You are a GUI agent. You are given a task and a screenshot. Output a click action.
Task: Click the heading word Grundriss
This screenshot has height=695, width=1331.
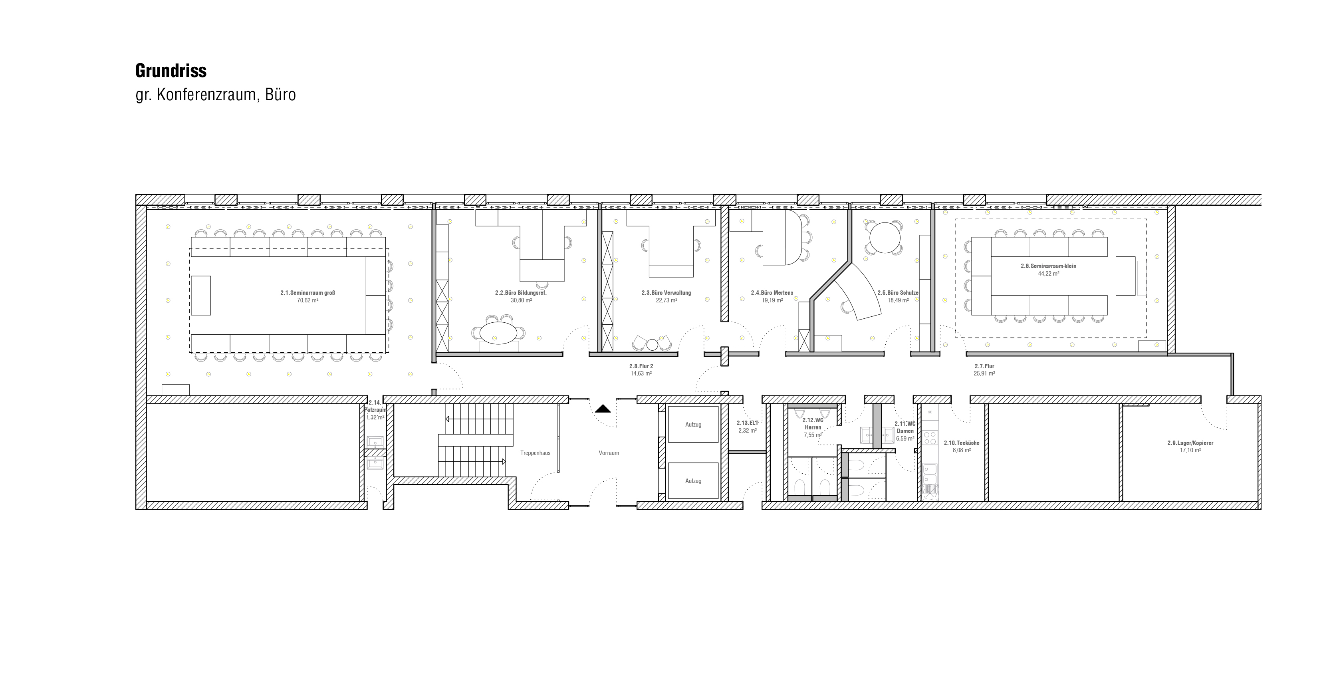pyautogui.click(x=171, y=71)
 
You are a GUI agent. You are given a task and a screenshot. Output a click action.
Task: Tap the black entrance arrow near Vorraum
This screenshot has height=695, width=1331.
pyautogui.click(x=603, y=409)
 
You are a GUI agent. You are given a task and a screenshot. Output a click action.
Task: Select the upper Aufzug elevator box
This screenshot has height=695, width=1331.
pyautogui.click(x=693, y=424)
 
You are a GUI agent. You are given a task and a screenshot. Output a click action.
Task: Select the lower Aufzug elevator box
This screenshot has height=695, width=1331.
pyautogui.click(x=693, y=481)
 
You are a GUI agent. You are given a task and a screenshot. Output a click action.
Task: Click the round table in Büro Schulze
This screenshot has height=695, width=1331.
pyautogui.click(x=885, y=238)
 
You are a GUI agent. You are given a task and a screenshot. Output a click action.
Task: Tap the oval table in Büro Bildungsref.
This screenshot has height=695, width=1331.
pyautogui.click(x=498, y=333)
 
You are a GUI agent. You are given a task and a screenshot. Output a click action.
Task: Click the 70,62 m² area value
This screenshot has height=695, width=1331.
pyautogui.click(x=307, y=300)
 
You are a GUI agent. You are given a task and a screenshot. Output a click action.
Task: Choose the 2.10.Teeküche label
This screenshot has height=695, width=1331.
pyautogui.click(x=962, y=443)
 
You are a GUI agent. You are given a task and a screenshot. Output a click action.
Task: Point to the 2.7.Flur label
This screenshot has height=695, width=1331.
pyautogui.click(x=984, y=366)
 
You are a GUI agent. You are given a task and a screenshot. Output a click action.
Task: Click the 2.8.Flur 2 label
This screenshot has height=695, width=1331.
pyautogui.click(x=641, y=366)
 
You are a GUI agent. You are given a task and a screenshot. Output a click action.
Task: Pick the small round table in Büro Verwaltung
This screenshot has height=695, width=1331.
pyautogui.click(x=652, y=344)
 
